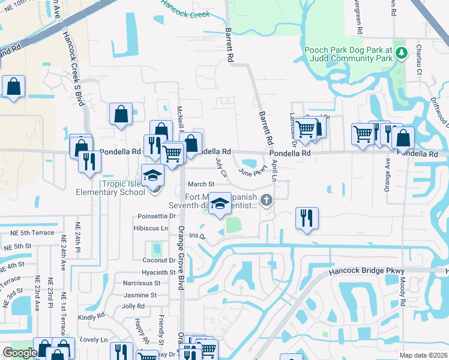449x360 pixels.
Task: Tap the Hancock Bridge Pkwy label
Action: pos(367,272)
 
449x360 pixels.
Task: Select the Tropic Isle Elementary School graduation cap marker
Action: pos(153,176)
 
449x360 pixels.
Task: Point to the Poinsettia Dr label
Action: pos(156,216)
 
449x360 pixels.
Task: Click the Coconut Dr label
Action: pos(158,260)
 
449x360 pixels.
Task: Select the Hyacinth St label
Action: pos(158,272)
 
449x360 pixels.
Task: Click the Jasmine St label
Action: pos(140,295)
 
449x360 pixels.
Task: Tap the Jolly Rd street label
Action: pos(133,306)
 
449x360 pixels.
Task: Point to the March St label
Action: pos(201,184)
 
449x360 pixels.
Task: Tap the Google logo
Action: pos(19,353)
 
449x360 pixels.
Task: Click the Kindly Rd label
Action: pos(91,317)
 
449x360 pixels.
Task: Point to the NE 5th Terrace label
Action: pos(25,233)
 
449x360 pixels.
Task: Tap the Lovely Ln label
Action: pos(93,340)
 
